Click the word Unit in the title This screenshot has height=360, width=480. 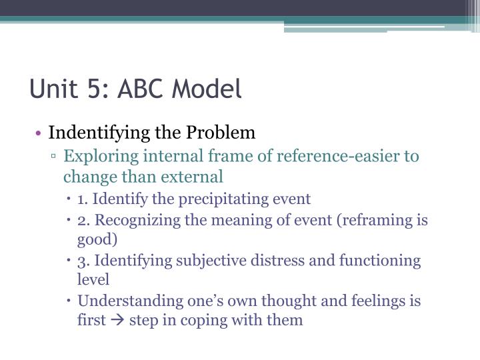point(51,89)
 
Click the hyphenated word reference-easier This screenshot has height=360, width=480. point(325,157)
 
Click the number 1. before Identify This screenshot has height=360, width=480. point(83,199)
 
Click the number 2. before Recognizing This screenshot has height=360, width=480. point(83,220)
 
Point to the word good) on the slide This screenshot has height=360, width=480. point(97,239)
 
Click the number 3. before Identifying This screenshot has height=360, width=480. point(83,261)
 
